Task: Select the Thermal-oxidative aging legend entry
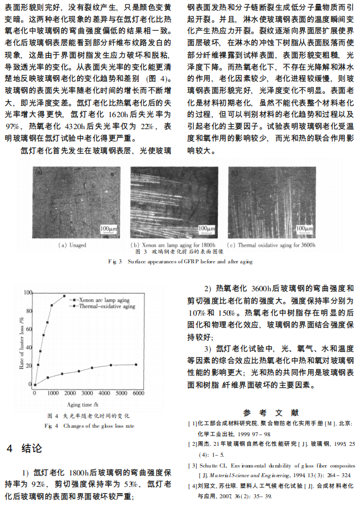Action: tap(106, 306)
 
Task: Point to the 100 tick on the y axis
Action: tap(28, 292)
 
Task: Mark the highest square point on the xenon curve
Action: tap(64, 296)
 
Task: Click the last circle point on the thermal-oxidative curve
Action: tap(136, 365)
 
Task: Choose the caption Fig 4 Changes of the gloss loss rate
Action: tap(89, 425)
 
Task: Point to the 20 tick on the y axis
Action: tap(30, 366)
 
